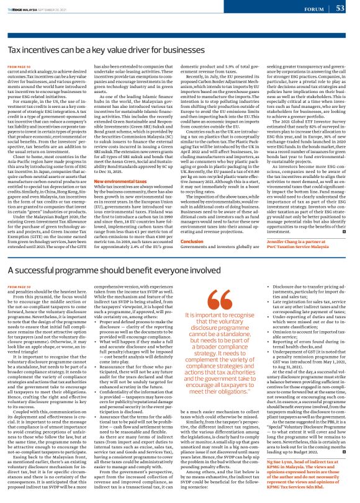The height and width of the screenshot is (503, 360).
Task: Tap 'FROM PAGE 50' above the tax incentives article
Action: [19, 65]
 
